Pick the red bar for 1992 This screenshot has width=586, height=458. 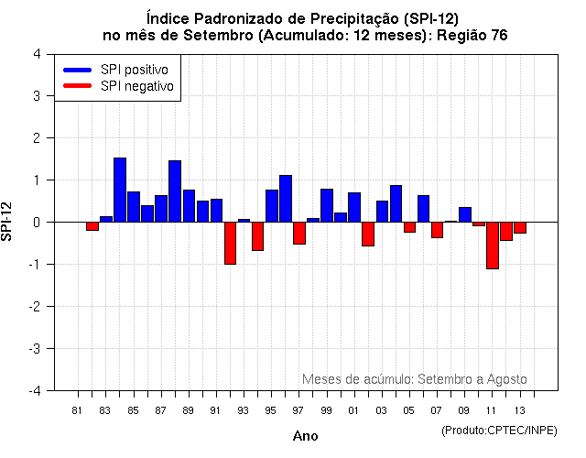coord(230,243)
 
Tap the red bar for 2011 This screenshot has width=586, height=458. coord(492,245)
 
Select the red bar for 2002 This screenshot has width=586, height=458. coord(368,234)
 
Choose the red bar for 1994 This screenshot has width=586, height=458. coord(257,236)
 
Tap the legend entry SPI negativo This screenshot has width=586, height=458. coord(137,85)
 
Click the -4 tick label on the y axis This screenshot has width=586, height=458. coord(34,390)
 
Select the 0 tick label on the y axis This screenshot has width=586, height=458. coord(36,222)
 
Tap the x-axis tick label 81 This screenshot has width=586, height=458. coord(78,409)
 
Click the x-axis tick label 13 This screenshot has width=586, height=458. coord(520,409)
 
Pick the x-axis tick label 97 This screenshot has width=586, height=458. coord(298,409)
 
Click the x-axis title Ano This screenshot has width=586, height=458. coord(306,436)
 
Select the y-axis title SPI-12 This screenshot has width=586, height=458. coord(8,222)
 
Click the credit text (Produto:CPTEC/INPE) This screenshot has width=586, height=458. coord(498,430)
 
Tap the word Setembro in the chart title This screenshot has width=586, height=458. coord(288,35)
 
